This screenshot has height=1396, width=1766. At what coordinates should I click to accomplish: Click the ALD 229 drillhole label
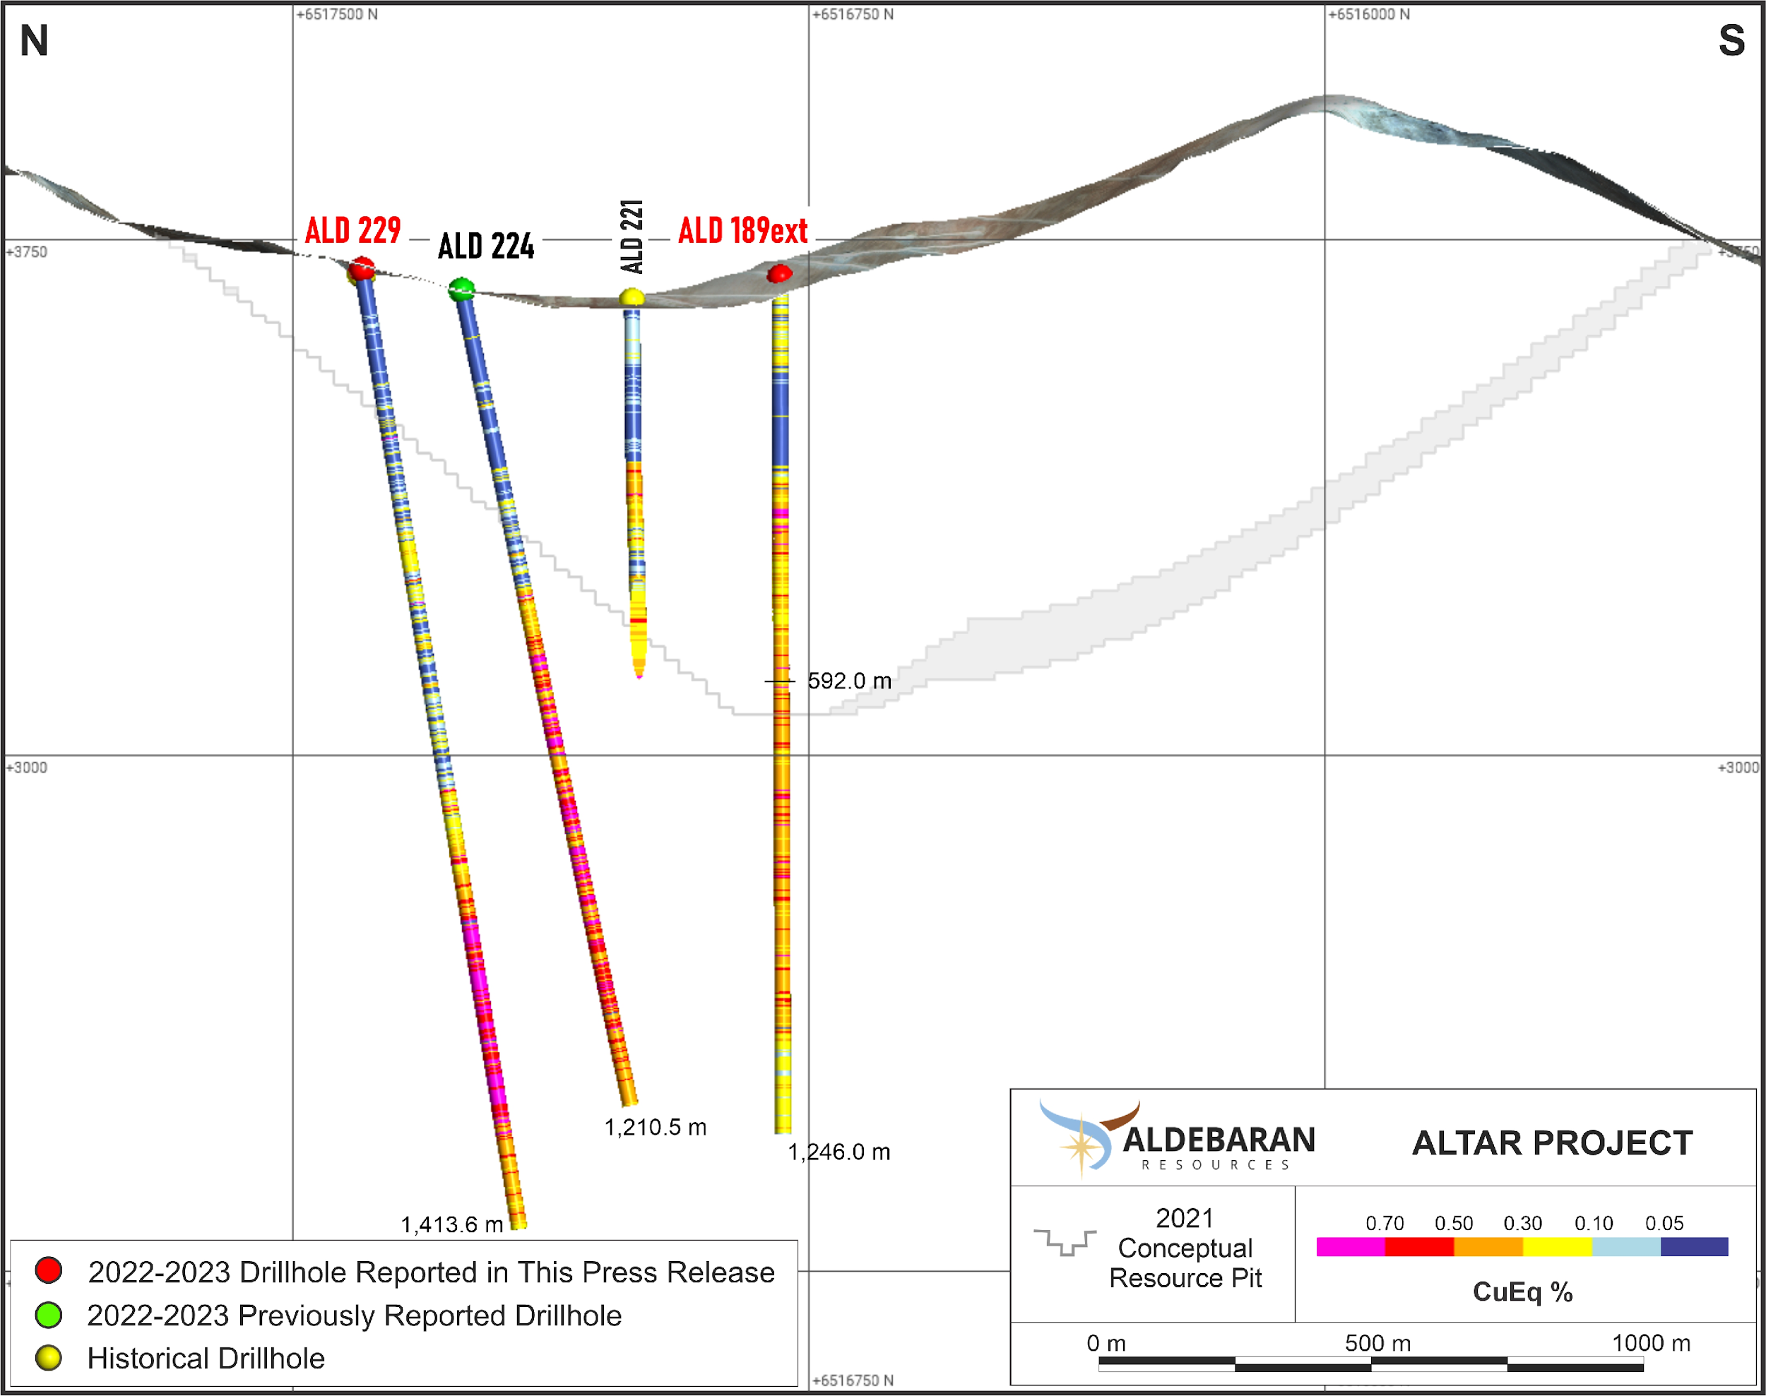(352, 230)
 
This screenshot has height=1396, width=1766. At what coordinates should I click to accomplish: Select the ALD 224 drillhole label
(486, 246)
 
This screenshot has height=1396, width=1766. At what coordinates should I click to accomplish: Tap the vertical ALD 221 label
(632, 237)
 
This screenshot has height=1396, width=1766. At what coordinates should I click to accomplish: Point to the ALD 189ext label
(742, 230)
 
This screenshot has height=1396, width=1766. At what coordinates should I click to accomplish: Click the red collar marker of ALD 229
(362, 268)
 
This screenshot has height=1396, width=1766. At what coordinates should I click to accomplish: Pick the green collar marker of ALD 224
(462, 289)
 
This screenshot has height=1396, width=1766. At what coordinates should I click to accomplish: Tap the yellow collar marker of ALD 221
(632, 297)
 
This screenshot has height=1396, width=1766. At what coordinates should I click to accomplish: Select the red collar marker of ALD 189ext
(780, 273)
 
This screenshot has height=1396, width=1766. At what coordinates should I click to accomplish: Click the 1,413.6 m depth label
(451, 1224)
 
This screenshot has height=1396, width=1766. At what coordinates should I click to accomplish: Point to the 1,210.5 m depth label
(655, 1127)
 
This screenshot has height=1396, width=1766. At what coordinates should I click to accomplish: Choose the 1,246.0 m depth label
(839, 1152)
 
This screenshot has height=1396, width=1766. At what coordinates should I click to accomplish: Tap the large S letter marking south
(1731, 41)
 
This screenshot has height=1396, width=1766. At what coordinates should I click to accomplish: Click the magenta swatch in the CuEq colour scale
(1351, 1246)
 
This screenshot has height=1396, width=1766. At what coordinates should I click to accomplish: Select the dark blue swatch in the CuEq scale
(1694, 1246)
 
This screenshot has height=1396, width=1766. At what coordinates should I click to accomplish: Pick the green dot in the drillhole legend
(49, 1315)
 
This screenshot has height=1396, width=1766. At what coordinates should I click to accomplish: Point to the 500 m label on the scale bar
(1377, 1343)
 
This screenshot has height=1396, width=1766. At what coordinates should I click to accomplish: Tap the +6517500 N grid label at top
(337, 15)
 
